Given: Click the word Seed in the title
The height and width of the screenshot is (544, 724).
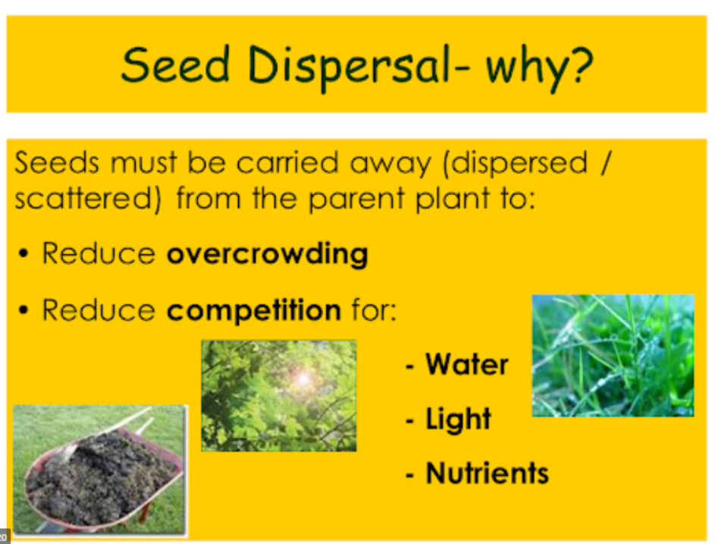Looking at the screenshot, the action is click(x=175, y=64).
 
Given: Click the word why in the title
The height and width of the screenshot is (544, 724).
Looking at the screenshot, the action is click(x=527, y=68).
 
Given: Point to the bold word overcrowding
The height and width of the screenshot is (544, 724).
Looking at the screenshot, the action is click(x=268, y=254).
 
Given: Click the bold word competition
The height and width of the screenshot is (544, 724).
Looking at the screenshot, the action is click(x=254, y=310).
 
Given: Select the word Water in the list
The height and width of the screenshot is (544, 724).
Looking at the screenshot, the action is click(x=467, y=364).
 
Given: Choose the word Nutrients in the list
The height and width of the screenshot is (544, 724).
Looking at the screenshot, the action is click(x=487, y=473).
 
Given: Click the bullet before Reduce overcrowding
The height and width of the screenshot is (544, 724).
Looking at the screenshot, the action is click(x=23, y=253).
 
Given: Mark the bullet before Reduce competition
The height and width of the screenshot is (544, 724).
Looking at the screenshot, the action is click(x=23, y=310).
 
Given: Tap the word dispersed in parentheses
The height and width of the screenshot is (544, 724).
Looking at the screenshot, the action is click(x=516, y=163).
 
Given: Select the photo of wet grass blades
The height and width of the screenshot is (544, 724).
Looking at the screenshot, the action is click(x=613, y=355).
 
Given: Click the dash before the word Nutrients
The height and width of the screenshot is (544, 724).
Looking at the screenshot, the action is click(x=409, y=475).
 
